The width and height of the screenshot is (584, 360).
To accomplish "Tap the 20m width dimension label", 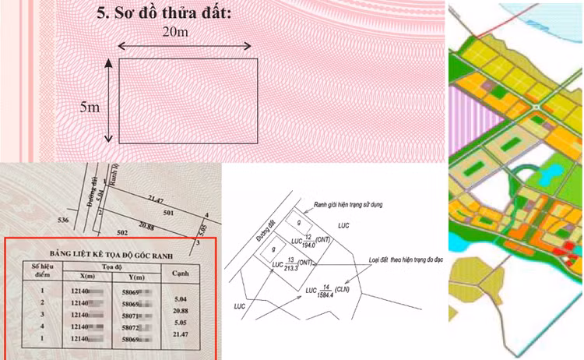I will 177,32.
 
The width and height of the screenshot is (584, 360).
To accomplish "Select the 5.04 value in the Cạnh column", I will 180,298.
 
